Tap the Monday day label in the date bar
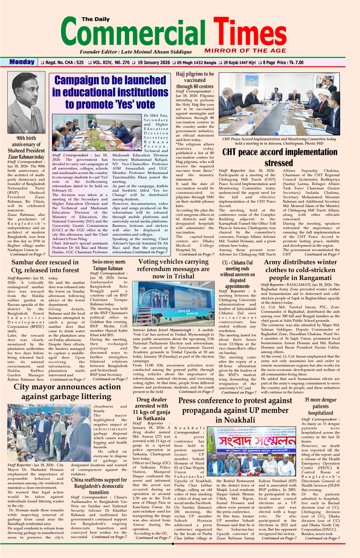click(22, 62)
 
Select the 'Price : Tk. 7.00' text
click(290, 62)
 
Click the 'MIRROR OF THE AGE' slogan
click(245, 51)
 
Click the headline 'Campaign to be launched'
click(110, 80)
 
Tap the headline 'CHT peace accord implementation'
click(280, 152)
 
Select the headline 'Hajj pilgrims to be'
click(195, 74)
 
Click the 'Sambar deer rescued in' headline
click(45, 262)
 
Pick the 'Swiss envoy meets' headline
click(109, 262)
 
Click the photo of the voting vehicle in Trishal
click(173, 304)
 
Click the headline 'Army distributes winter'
click(300, 262)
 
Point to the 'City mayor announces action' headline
click(67, 387)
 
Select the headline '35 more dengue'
click(320, 400)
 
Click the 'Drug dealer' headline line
click(152, 399)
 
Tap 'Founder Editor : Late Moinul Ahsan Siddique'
click(136, 52)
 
